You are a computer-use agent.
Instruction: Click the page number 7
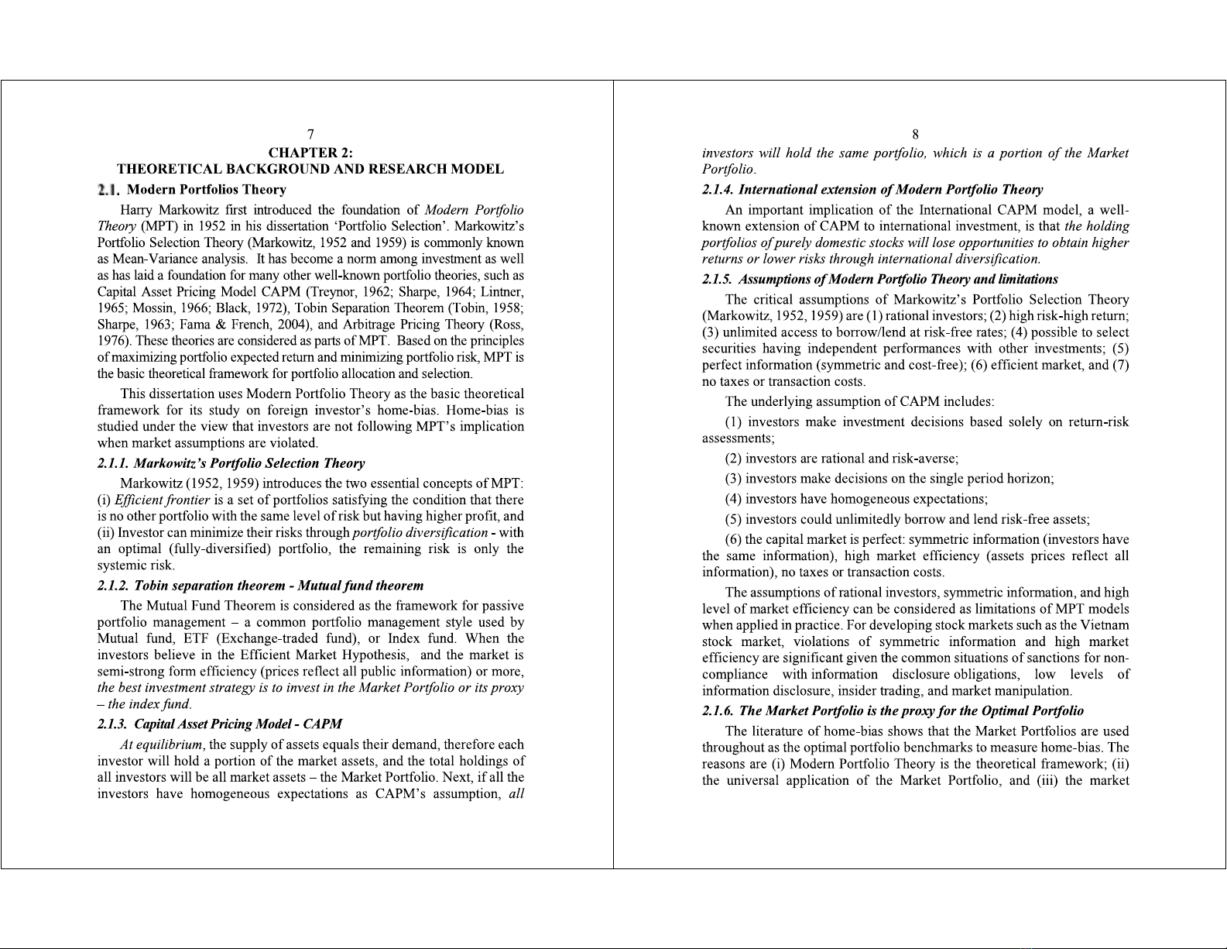point(310,135)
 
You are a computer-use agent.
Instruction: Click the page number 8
point(915,135)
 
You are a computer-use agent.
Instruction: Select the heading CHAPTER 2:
point(310,153)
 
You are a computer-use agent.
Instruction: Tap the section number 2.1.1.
point(113,463)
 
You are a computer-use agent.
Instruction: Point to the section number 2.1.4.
point(718,190)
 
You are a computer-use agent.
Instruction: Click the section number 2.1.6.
point(718,711)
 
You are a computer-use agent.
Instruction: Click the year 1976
point(113,341)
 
